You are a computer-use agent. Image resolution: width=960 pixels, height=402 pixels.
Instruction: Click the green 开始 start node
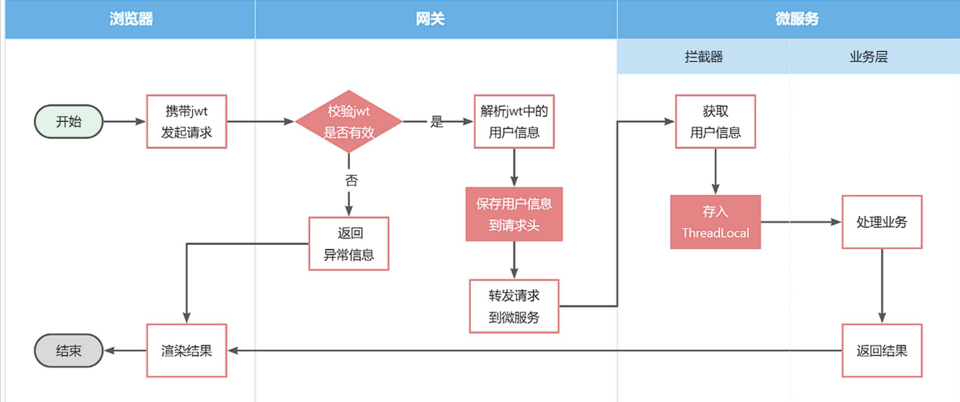coord(69,122)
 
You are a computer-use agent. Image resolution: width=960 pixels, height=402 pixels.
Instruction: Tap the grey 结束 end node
coord(69,351)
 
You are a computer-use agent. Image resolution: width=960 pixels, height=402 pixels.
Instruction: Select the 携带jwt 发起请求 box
coord(187,122)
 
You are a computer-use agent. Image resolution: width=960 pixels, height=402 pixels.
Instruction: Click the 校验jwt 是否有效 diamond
coord(349,122)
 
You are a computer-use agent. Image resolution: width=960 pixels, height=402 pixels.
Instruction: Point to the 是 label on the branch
coord(436,122)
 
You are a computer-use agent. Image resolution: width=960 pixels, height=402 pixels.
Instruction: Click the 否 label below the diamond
coord(350,180)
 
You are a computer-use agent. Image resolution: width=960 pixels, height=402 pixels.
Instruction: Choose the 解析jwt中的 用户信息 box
coord(513,122)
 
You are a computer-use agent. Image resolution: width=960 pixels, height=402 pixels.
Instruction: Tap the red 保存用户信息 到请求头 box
coord(513,214)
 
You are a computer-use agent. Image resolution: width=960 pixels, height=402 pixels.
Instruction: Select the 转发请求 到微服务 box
coord(513,306)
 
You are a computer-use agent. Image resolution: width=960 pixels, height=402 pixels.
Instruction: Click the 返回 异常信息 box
coord(349,244)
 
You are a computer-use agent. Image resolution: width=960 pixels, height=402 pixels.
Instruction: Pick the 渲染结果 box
coord(187,351)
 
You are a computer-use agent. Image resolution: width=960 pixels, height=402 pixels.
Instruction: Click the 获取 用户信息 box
coord(715,122)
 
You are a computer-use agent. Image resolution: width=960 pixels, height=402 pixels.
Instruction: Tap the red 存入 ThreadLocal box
coord(715,222)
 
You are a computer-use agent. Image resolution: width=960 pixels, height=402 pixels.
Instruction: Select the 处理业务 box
coord(882,222)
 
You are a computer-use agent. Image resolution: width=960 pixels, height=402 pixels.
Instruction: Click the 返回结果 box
coord(882,351)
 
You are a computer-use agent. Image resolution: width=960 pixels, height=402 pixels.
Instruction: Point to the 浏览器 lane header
coord(131,19)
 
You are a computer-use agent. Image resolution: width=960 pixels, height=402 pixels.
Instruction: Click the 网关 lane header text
coord(430,19)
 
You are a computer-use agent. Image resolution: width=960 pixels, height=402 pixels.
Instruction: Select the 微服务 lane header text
coord(797,19)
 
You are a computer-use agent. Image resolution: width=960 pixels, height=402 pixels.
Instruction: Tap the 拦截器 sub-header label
coord(704,57)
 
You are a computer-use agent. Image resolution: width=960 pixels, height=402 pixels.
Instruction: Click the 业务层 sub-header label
coord(869,57)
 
